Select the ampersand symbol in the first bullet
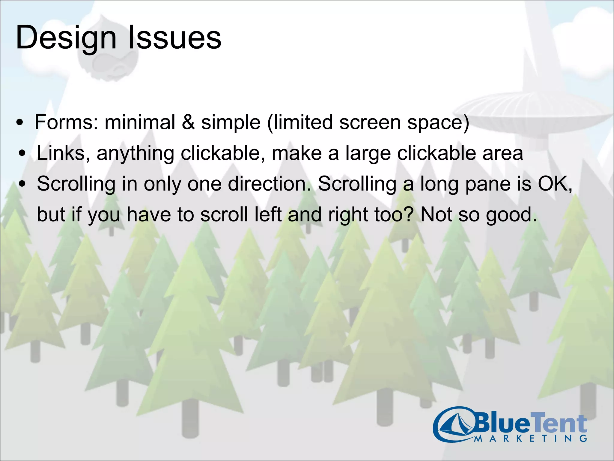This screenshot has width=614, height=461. [x=188, y=122]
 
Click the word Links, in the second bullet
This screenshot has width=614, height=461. [x=63, y=153]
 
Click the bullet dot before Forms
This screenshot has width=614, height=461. [x=20, y=123]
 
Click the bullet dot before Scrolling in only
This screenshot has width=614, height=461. [x=22, y=184]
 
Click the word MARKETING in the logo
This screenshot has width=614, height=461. [x=531, y=439]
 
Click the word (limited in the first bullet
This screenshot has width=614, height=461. [x=300, y=122]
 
